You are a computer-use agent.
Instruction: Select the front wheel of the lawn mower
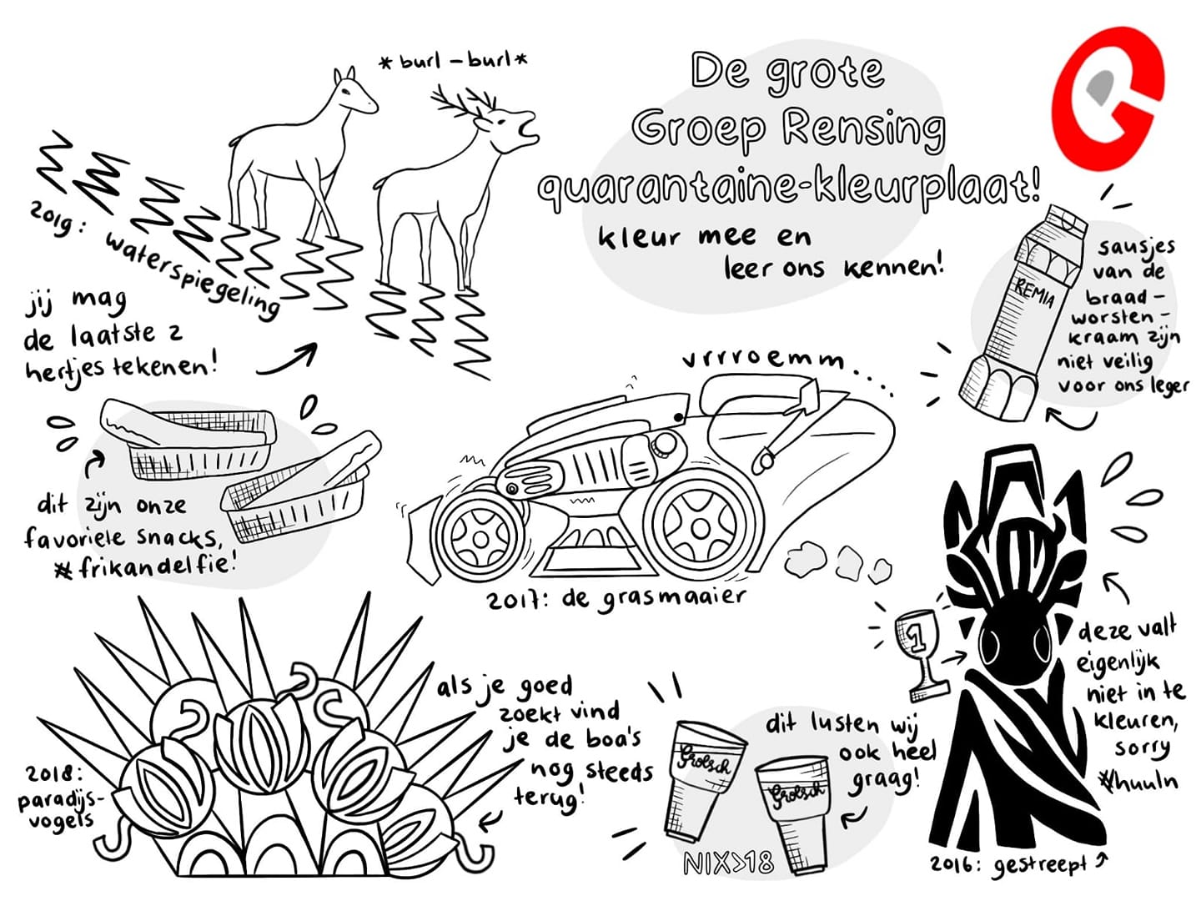[479, 538]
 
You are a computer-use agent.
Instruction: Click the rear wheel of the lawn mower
[699, 526]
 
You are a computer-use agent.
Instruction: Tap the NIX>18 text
[729, 863]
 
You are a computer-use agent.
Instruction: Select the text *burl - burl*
[454, 61]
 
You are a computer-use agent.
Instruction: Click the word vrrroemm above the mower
[764, 361]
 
